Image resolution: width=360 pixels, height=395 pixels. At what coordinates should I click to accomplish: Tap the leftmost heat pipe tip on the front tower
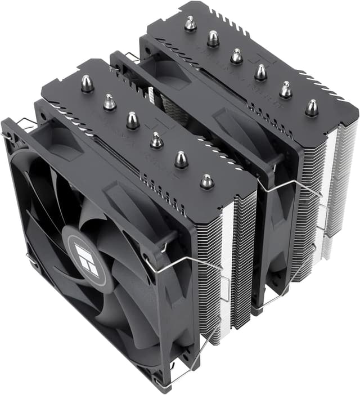click(87, 84)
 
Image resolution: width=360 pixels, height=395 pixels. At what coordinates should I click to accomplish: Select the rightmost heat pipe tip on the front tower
click(206, 181)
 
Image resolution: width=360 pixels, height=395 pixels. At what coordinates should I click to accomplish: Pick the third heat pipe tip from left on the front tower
click(133, 120)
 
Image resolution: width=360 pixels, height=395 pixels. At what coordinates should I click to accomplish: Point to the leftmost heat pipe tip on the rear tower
click(190, 24)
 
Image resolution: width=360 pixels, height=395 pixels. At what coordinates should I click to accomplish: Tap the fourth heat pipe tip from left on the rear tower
click(260, 72)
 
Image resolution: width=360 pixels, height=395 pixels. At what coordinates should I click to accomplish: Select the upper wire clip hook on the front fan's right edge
click(165, 244)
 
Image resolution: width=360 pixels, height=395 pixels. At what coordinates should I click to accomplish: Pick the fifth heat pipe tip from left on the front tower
click(181, 160)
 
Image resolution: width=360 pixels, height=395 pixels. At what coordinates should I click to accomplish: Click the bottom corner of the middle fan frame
click(256, 309)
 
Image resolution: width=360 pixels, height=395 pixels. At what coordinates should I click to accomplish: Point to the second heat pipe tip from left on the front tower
click(109, 102)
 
